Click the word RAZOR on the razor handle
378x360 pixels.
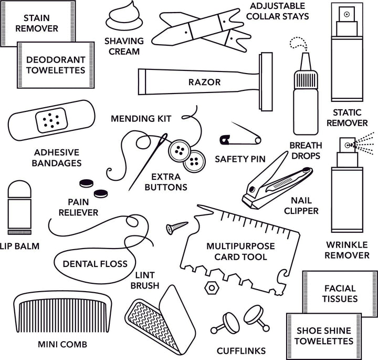click(x=204, y=83)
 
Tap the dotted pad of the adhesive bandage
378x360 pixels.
click(x=51, y=121)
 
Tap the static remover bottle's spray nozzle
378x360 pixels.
click(x=347, y=15)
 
